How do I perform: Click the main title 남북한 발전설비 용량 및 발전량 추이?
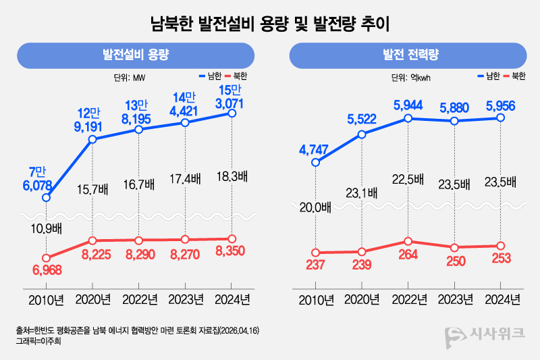(270, 25)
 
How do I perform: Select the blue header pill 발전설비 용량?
(135, 55)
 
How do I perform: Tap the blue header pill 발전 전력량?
(407, 55)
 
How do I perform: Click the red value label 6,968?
(46, 271)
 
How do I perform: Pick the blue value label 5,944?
(408, 105)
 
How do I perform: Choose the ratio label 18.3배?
(232, 177)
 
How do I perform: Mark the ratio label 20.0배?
(315, 207)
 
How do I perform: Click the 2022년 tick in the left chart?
(139, 299)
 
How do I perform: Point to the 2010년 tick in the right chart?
(315, 299)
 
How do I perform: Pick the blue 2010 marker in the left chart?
(46, 198)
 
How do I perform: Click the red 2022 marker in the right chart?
(408, 241)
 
